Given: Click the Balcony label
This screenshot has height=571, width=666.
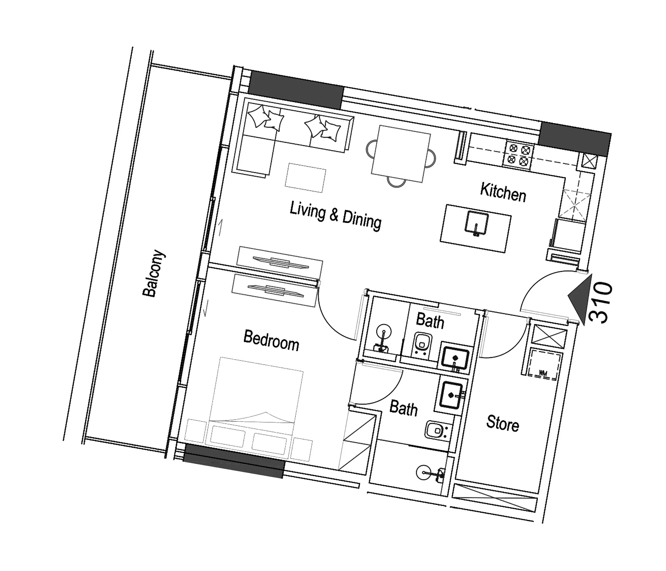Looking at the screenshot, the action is [154, 273].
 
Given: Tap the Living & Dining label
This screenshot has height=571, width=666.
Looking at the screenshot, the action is [336, 216].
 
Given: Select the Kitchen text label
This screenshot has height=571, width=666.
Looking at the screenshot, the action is [503, 192].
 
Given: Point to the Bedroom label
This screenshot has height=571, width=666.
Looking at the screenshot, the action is [271, 340].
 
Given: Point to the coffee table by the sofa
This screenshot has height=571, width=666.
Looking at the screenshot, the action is [305, 178].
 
